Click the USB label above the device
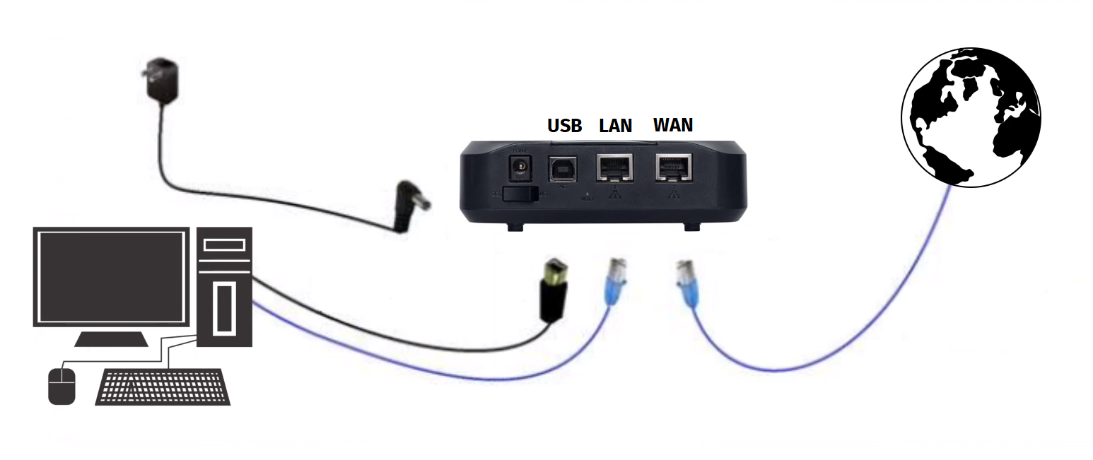point(564,126)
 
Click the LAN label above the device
point(616,126)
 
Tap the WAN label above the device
point(673,125)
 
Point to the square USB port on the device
point(563,170)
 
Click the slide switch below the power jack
point(520,195)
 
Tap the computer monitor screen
point(111,276)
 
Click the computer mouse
point(62,386)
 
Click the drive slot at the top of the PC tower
point(224,245)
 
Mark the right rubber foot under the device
point(691,227)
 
